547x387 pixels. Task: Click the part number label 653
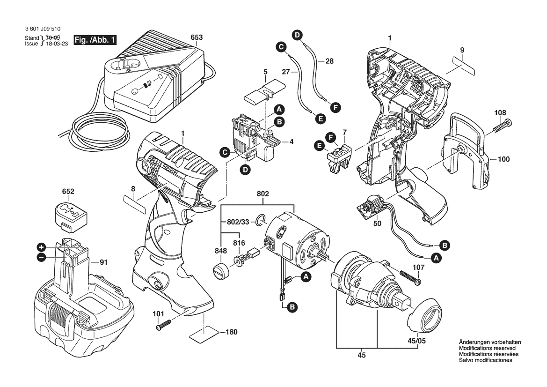[x=197, y=37]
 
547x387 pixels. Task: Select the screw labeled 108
[x=502, y=127]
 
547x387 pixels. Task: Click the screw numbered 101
[x=164, y=324]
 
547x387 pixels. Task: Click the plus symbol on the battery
[x=42, y=247]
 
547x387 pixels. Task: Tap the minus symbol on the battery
[x=42, y=257]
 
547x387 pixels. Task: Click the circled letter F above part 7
[x=331, y=138]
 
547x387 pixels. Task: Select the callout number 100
[x=503, y=160]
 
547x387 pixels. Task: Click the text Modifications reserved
[x=487, y=349]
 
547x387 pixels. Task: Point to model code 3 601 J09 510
[x=43, y=29]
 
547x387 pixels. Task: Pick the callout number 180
[x=231, y=332]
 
